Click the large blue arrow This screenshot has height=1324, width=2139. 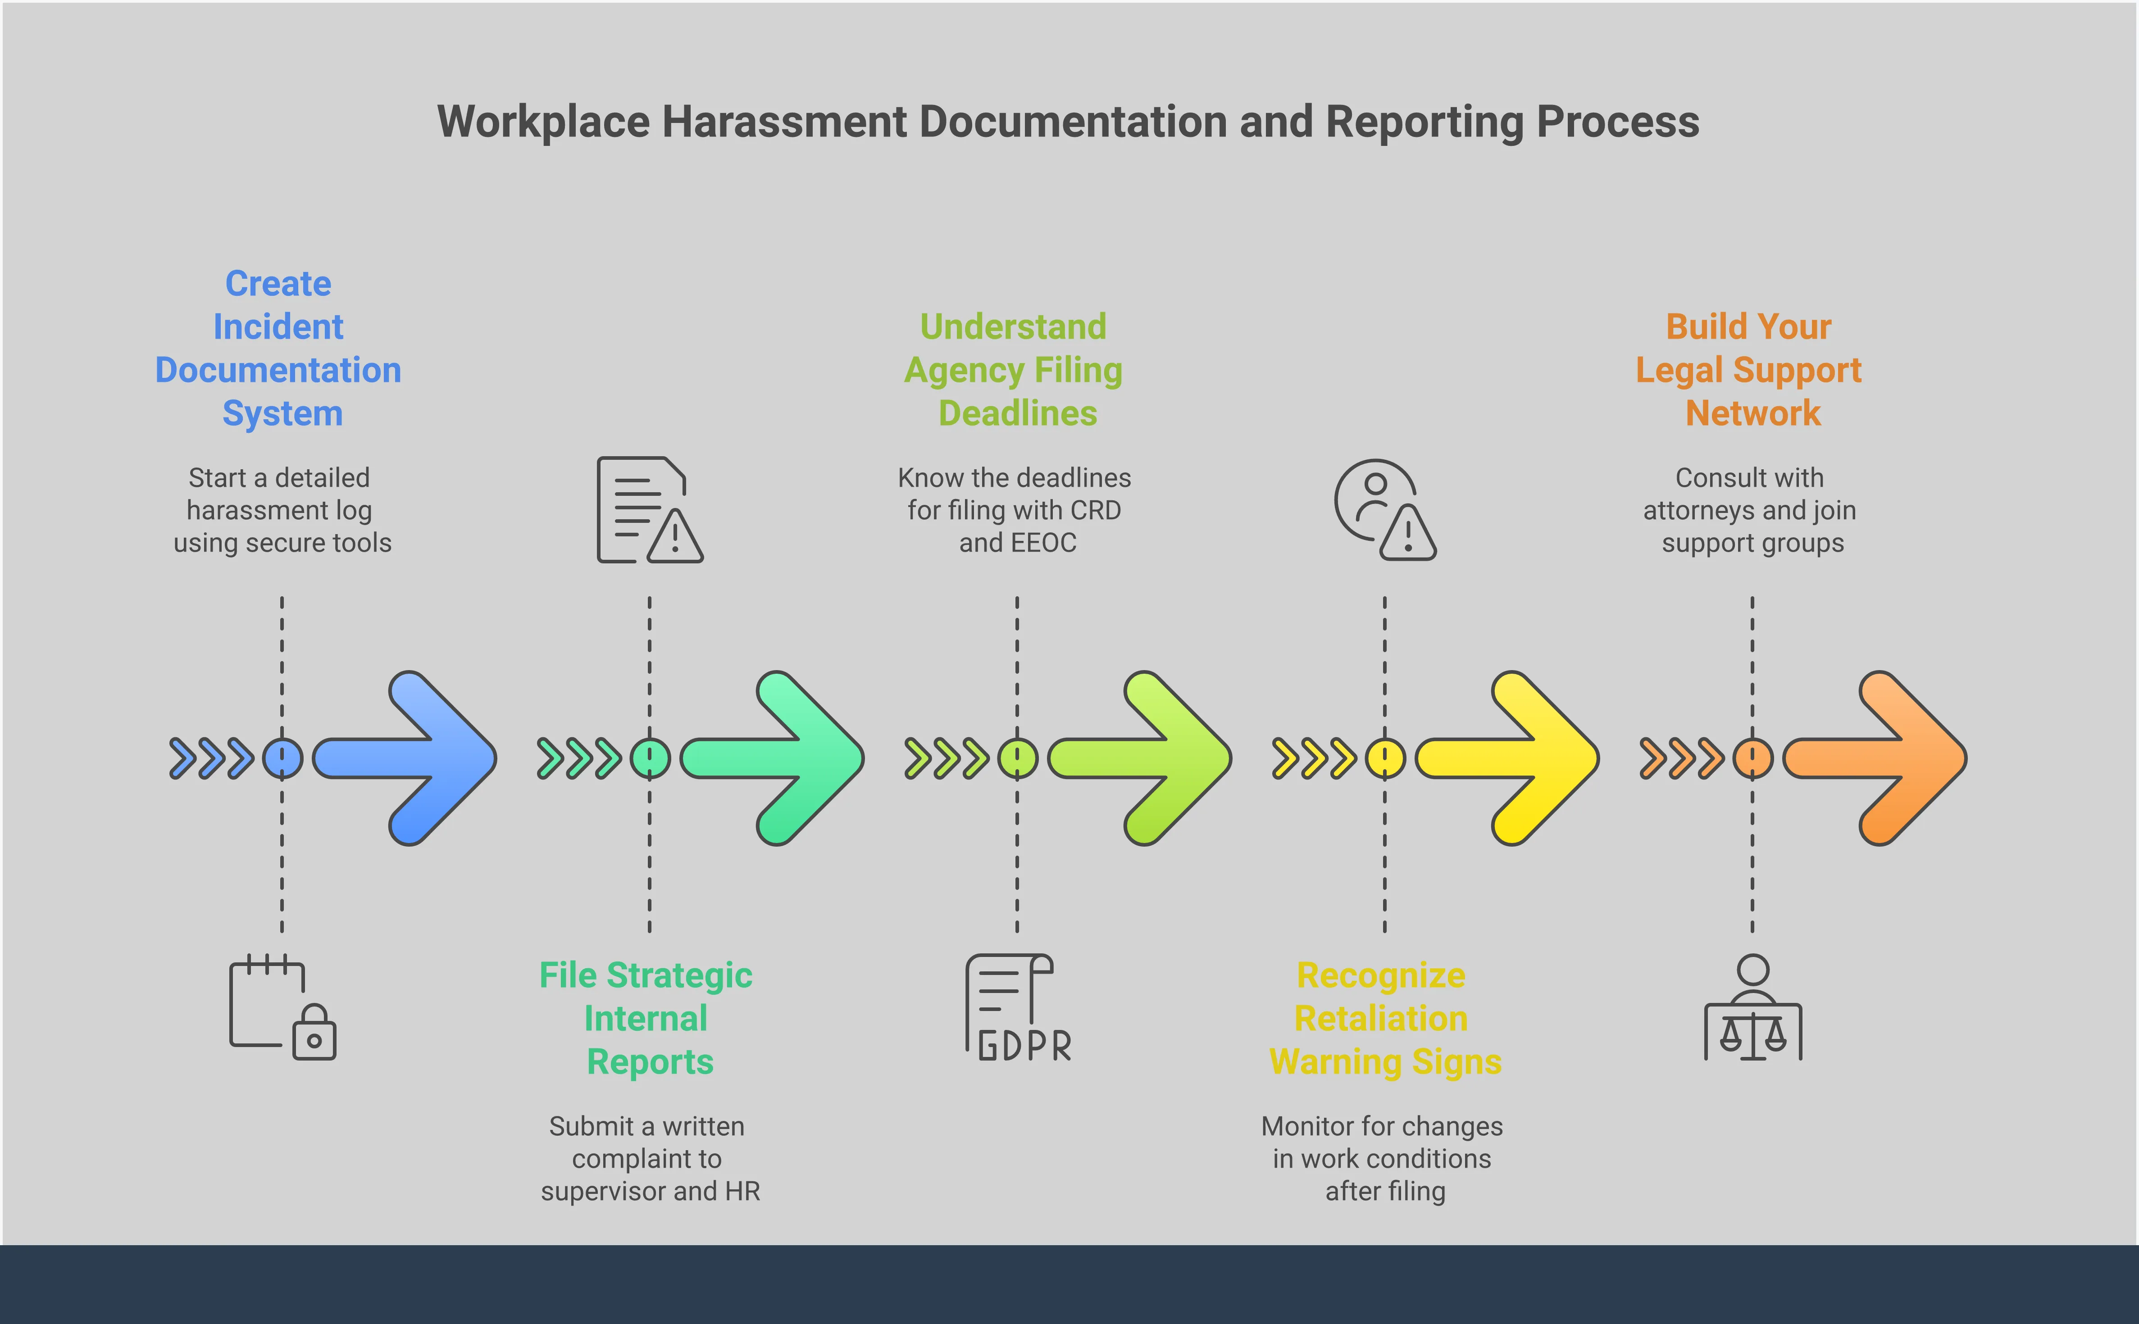point(412,758)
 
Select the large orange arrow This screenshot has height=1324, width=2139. point(1883,758)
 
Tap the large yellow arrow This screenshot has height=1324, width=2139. point(1516,758)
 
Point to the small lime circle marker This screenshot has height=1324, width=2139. point(1017,758)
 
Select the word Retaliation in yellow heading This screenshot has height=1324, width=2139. point(1381,1018)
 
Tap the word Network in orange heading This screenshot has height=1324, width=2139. point(1753,413)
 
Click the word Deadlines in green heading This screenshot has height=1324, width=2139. point(1018,413)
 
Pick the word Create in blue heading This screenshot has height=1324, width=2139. point(278,284)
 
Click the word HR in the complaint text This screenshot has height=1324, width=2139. point(743,1191)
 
